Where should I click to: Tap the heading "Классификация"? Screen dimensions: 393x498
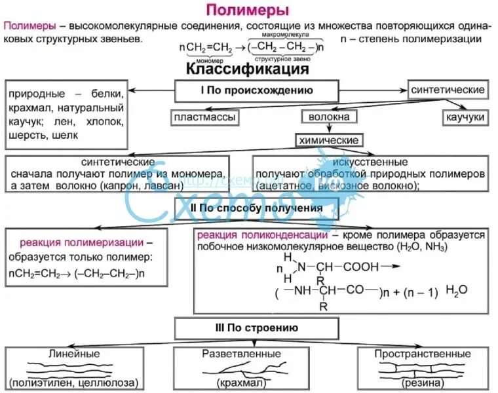point(248,68)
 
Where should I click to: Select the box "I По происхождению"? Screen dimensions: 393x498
point(256,90)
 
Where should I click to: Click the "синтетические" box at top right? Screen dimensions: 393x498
point(448,90)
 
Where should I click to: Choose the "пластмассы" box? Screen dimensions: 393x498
point(203,117)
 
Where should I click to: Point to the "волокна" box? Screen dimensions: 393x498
point(329,117)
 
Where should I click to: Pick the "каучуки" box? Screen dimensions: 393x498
point(464,117)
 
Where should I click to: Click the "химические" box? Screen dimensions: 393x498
point(328,140)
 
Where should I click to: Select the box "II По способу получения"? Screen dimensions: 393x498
point(256,208)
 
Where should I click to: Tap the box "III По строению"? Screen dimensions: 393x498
point(256,328)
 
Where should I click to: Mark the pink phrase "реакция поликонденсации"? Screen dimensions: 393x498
point(262,236)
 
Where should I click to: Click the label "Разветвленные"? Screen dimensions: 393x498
point(250,354)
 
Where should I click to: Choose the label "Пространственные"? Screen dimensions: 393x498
point(423,354)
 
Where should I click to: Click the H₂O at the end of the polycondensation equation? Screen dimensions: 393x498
point(457,290)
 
